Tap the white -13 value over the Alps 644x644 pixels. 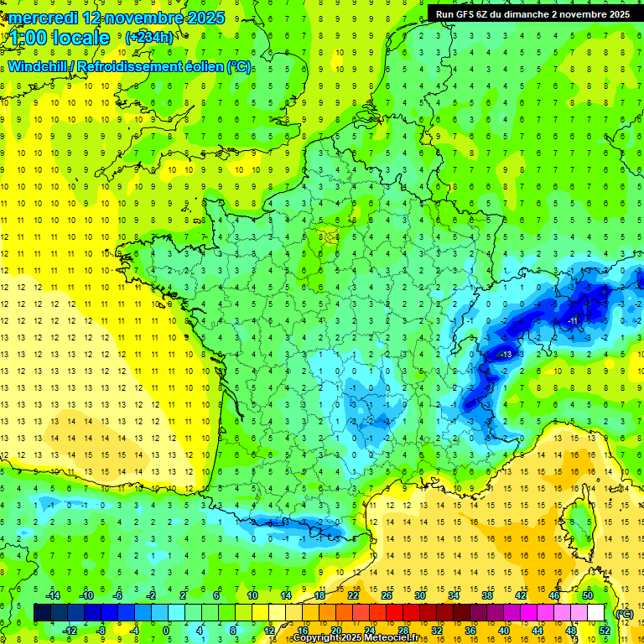(x=505, y=356)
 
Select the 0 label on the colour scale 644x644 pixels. (x=166, y=631)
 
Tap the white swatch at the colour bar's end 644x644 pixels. (x=596, y=613)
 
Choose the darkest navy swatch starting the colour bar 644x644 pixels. (x=42, y=613)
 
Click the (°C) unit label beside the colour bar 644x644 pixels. (x=624, y=614)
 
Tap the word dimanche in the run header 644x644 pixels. (x=531, y=13)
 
